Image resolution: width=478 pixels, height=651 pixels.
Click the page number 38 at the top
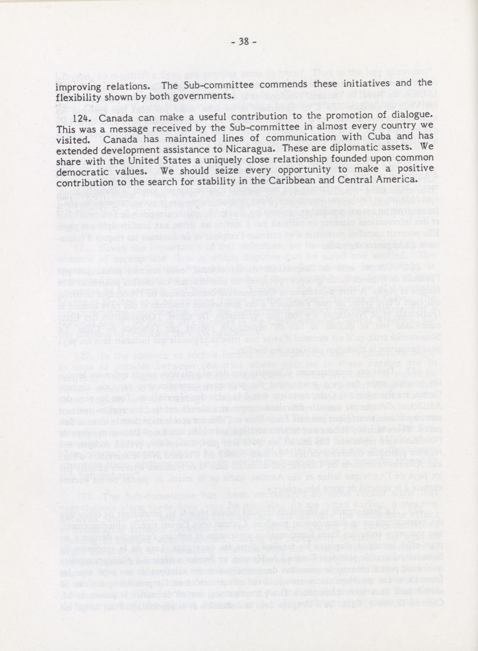243,42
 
